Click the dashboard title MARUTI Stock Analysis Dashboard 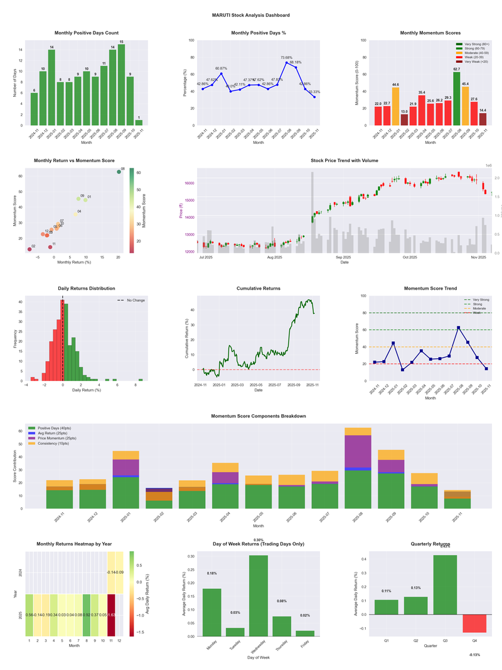pos(250,15)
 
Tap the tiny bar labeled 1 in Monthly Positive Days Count pos(139,123)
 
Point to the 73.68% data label pos(287,57)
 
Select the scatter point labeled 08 pos(119,172)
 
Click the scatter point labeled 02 pos(29,250)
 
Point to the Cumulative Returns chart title pos(259,288)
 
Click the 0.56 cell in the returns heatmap pos(29,615)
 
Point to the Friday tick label pos(305,648)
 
